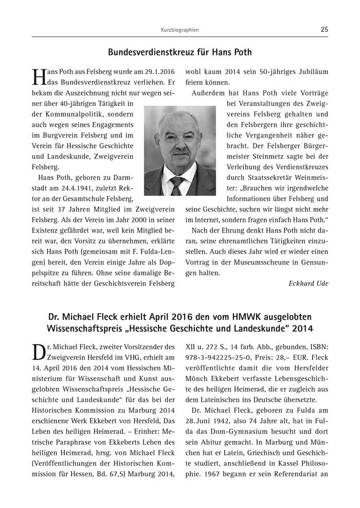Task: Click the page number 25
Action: click(x=324, y=30)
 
